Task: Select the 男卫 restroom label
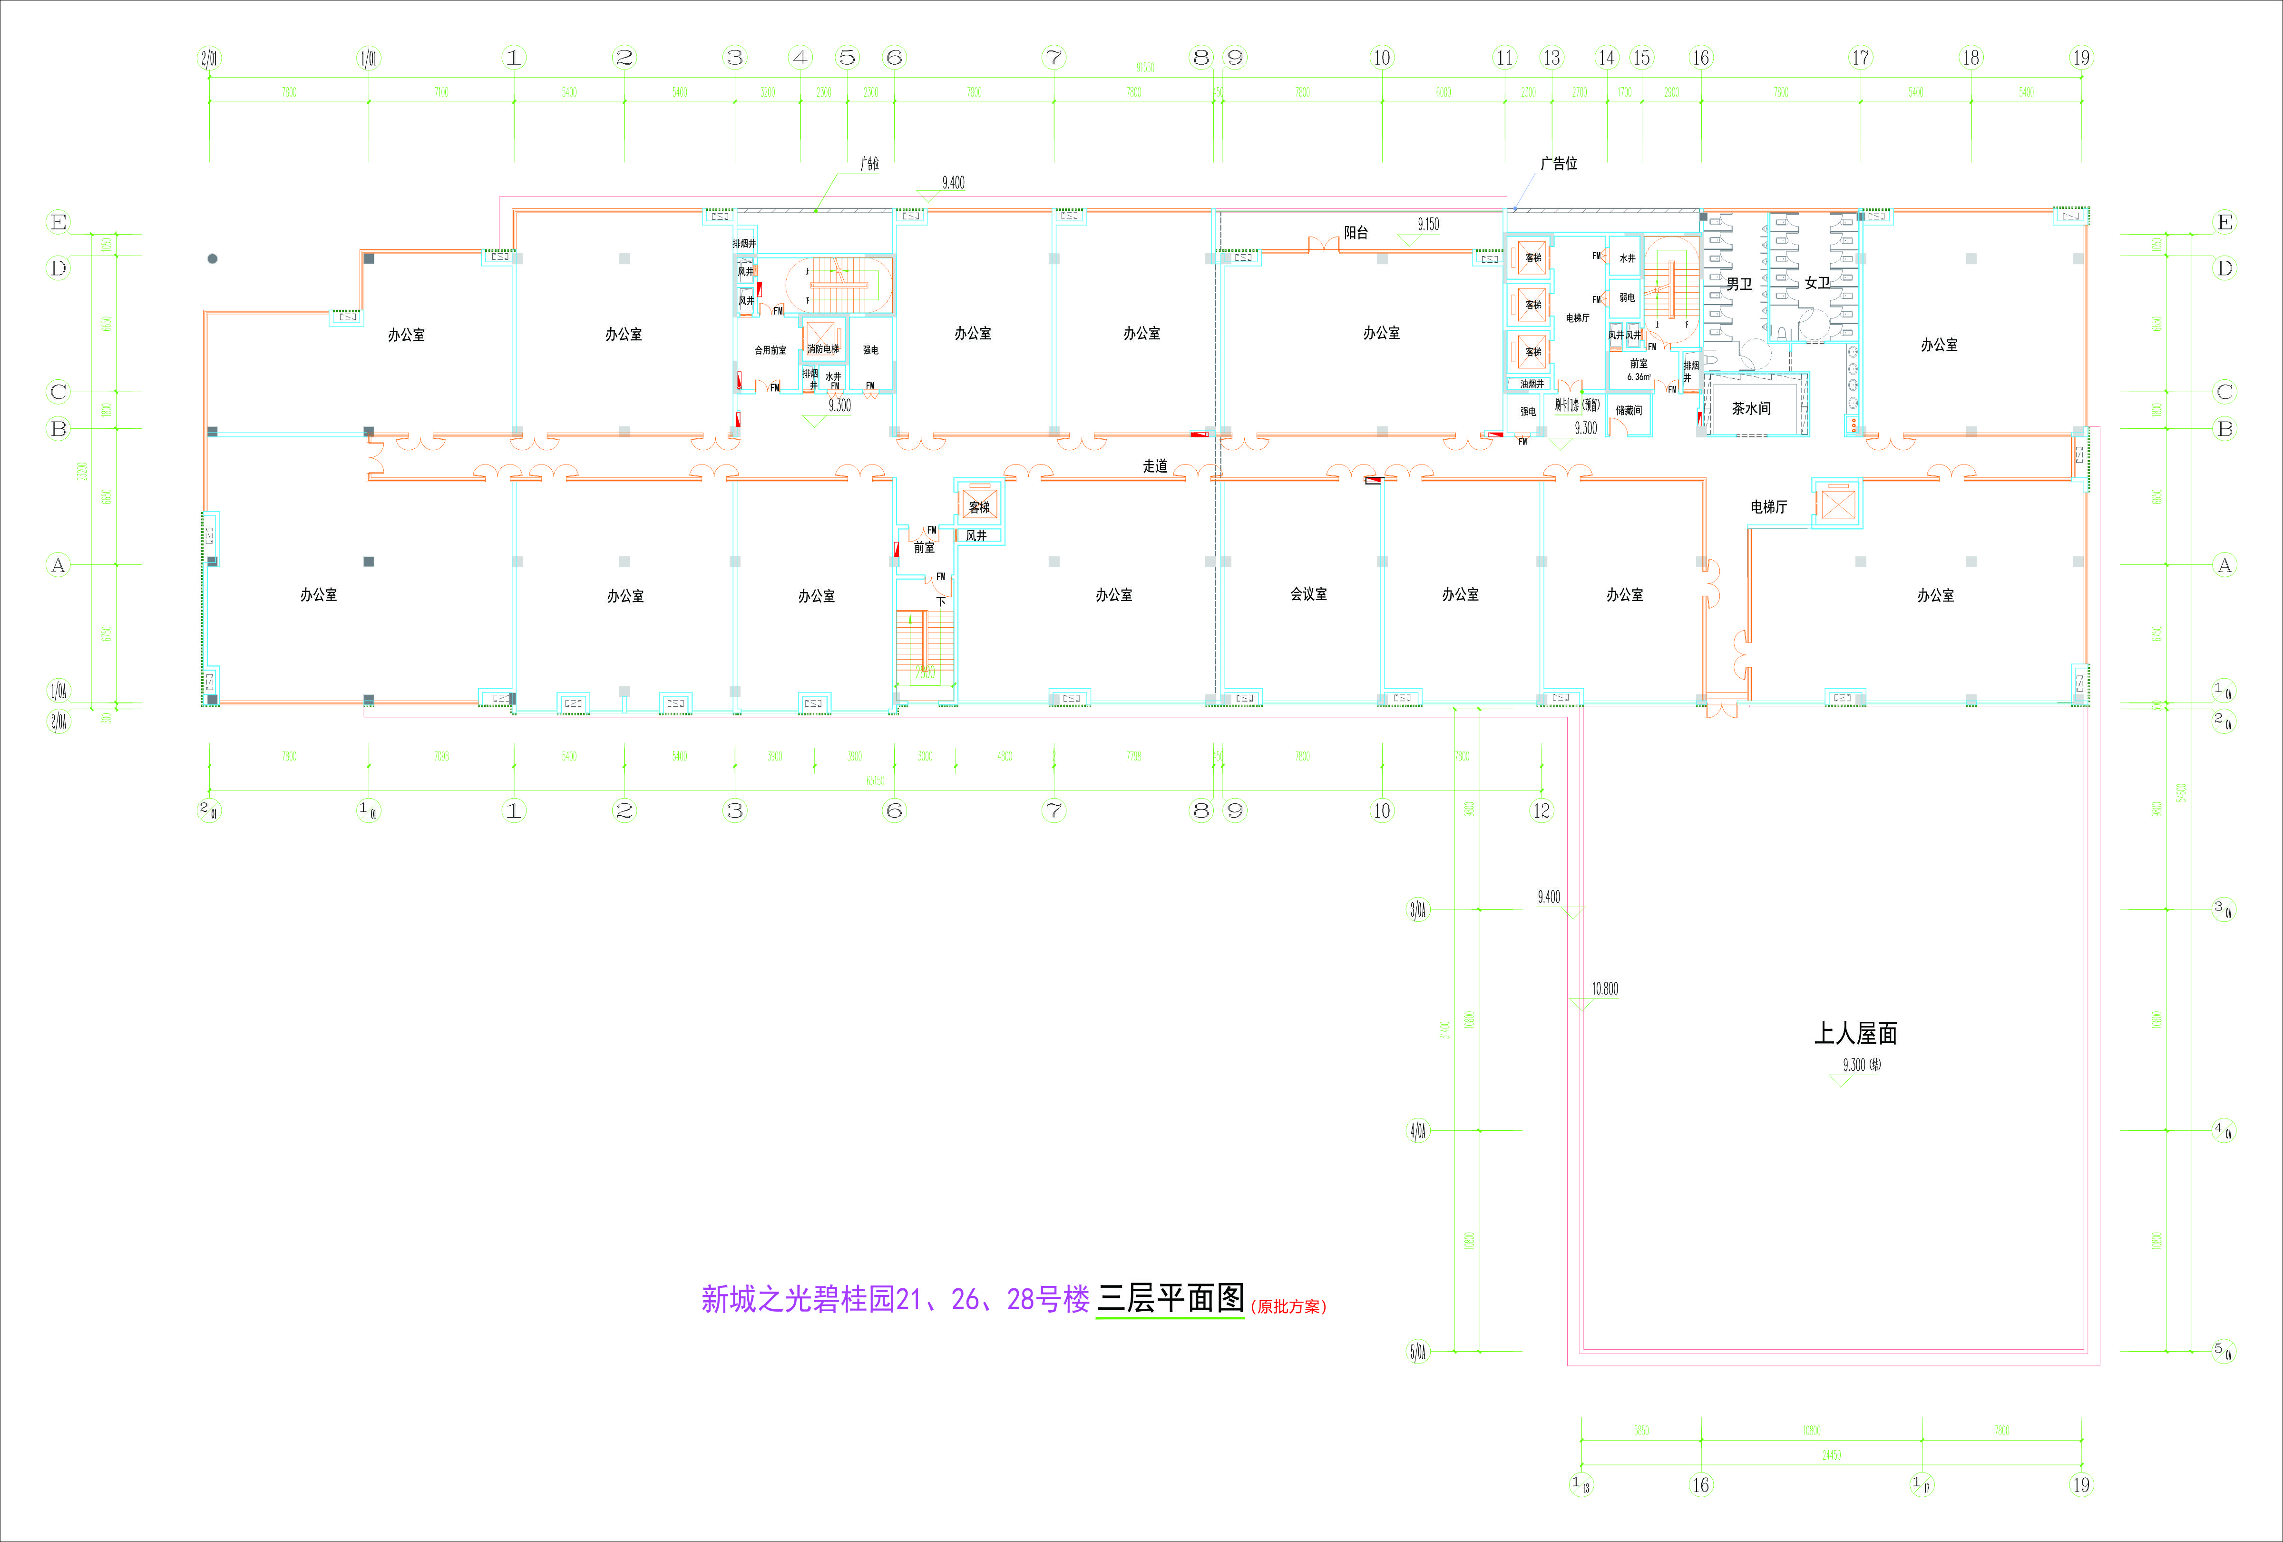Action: coord(1739,284)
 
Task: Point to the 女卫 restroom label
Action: coord(1816,283)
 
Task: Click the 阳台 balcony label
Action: coord(1356,233)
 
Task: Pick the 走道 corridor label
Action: coord(1155,466)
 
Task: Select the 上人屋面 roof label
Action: coord(1854,1033)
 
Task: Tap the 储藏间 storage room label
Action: coord(1629,411)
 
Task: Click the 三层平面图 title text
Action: coord(1170,1299)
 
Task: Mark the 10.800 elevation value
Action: coord(1604,988)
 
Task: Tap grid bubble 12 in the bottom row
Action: coord(1542,811)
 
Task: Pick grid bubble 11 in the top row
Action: coord(1505,58)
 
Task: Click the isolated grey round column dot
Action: coord(212,258)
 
